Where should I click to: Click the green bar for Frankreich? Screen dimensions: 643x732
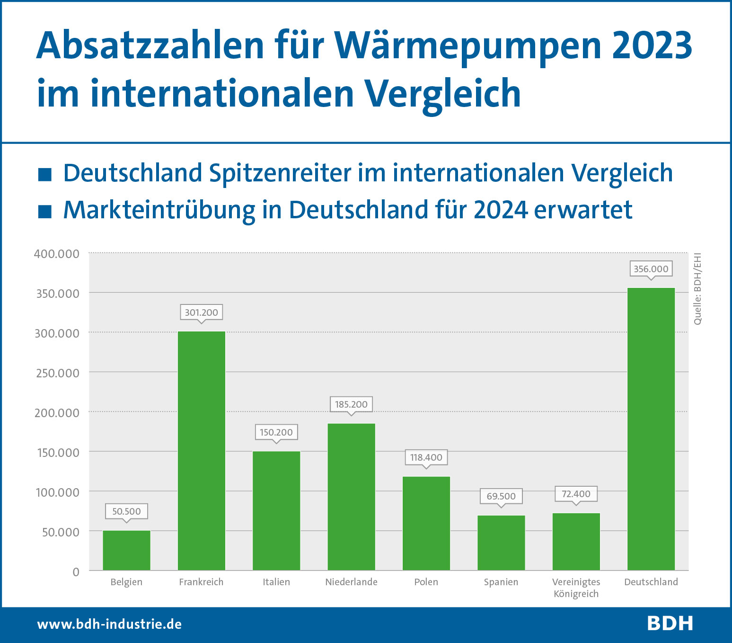click(x=202, y=450)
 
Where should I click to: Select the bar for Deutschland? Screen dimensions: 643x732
click(x=651, y=429)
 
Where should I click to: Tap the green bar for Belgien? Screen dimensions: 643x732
click(x=126, y=550)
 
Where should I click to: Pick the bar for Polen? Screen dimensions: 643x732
click(x=426, y=523)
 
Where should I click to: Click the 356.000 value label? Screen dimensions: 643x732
click(x=651, y=269)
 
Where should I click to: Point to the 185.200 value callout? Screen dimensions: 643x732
click(x=351, y=404)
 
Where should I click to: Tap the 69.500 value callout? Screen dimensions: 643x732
click(x=501, y=496)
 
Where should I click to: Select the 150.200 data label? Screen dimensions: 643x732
click(x=276, y=432)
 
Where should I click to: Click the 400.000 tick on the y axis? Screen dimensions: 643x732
click(x=57, y=254)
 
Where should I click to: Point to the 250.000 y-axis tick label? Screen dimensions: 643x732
click(x=58, y=373)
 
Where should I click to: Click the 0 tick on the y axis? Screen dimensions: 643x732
click(x=76, y=572)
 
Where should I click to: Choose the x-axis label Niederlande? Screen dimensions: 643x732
click(x=351, y=582)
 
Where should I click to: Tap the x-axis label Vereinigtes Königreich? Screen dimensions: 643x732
click(x=576, y=588)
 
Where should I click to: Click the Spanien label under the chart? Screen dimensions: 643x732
click(x=501, y=582)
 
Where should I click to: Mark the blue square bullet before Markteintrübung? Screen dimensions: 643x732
click(x=45, y=212)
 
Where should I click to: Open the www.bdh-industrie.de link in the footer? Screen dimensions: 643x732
click(x=109, y=624)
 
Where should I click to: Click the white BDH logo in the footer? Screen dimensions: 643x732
click(x=670, y=624)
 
